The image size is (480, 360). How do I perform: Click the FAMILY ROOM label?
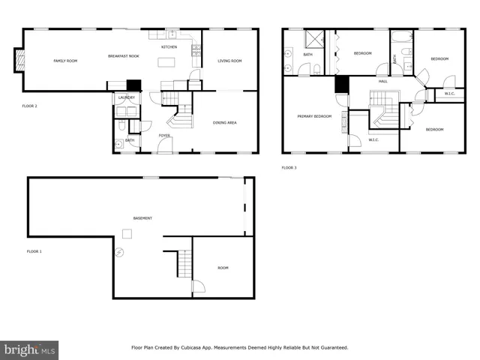click(x=65, y=61)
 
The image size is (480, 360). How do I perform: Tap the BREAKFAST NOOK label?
click(x=123, y=57)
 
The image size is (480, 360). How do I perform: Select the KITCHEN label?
click(x=169, y=47)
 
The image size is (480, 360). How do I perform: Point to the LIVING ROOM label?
click(x=229, y=61)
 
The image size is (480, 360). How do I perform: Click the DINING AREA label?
click(x=226, y=121)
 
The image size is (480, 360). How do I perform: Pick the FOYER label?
click(x=163, y=136)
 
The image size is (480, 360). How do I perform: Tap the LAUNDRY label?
click(x=126, y=97)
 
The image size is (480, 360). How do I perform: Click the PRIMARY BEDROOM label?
click(x=313, y=116)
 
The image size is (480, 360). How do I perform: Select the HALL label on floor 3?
click(x=382, y=81)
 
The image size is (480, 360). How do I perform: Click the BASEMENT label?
click(x=142, y=218)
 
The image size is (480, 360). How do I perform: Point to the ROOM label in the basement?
click(x=223, y=268)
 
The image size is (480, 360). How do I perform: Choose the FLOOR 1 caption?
click(x=34, y=251)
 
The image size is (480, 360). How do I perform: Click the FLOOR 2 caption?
click(x=29, y=106)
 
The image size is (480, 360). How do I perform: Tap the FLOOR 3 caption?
click(x=289, y=168)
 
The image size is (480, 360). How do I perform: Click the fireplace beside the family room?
click(x=18, y=61)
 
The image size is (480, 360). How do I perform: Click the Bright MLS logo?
click(x=29, y=349)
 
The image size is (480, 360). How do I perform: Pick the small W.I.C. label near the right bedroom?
click(x=449, y=94)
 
